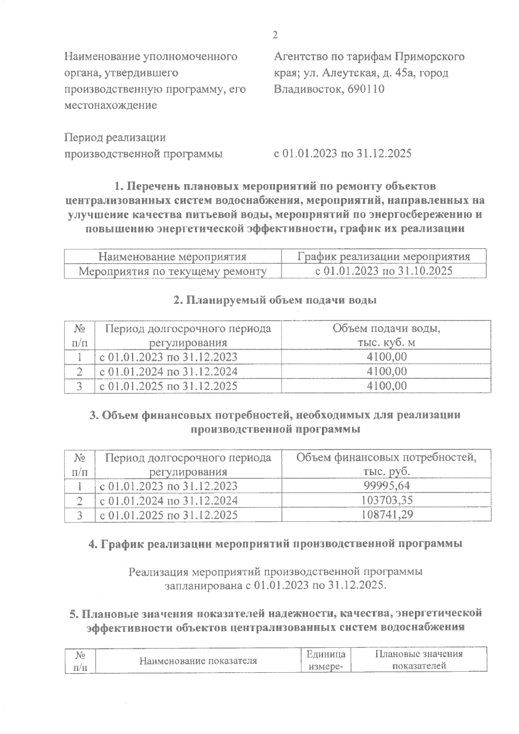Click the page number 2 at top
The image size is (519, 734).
coord(275,35)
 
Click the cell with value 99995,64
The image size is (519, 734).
coord(386,486)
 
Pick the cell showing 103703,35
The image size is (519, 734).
coord(386,501)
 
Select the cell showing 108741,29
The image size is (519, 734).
coord(386,515)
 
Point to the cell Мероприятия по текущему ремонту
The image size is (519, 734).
coord(172,271)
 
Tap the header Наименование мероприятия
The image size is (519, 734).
coord(172,257)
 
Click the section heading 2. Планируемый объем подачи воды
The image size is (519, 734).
coord(275,300)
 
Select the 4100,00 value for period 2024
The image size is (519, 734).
coord(386,371)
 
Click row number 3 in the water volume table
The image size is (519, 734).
coord(80,386)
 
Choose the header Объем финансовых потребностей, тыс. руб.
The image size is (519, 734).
coord(386,464)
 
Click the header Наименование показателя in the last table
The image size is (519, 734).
coord(198,661)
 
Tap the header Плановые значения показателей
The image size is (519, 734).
coord(419,660)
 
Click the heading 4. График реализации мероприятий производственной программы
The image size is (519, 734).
coord(275,544)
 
